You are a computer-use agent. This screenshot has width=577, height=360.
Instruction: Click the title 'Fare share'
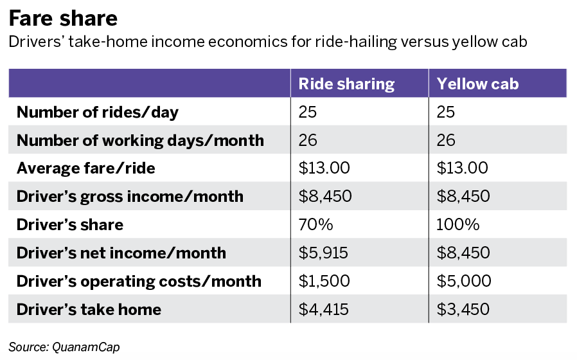pos(63,19)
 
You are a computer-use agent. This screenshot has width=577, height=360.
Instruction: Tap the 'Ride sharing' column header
pos(346,84)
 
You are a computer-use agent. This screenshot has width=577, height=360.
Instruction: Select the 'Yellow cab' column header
pos(477,84)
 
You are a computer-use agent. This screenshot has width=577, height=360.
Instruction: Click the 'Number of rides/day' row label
pos(98,113)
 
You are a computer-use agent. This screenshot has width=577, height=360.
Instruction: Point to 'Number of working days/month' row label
pos(140,141)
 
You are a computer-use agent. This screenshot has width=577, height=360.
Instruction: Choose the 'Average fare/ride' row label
pos(85,168)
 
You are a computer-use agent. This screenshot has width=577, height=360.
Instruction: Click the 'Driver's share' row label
pos(70,225)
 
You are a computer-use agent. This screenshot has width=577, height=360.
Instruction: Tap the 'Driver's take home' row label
pos(89,310)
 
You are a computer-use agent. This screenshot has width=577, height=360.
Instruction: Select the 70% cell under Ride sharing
pos(315,224)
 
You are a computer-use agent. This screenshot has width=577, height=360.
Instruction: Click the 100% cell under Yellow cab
pos(457,224)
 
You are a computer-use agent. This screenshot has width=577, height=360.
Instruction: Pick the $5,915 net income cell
pos(323,253)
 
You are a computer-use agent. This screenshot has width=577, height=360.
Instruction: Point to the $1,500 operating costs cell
pos(324,281)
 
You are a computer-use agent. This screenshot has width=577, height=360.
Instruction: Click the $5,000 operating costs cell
pos(464,281)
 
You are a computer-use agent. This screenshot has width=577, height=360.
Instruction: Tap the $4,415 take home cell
pos(323,310)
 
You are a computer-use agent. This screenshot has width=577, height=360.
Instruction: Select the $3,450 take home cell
pos(463,310)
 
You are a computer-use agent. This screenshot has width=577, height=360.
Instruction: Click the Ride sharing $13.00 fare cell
pos(324,168)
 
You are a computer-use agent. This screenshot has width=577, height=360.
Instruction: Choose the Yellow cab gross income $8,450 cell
pos(463,197)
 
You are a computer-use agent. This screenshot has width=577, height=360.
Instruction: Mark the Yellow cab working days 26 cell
pos(446,140)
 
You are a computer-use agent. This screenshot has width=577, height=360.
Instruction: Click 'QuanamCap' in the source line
pos(85,347)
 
